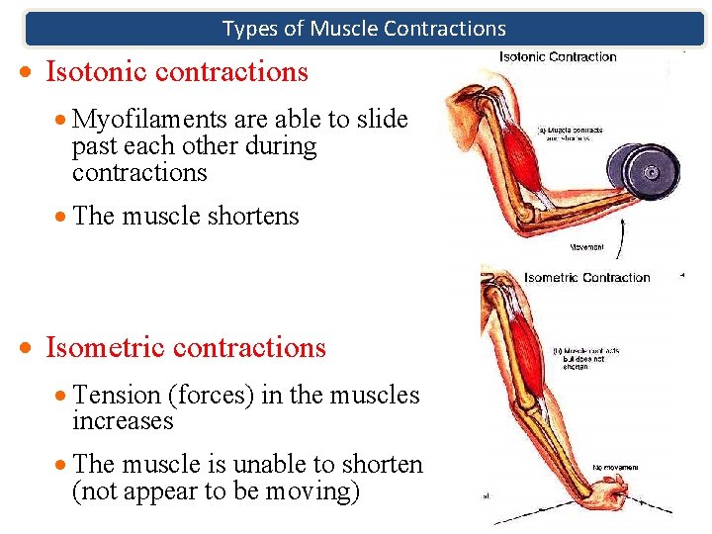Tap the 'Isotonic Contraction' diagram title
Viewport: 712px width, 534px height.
tap(558, 56)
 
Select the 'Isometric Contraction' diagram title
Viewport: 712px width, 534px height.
tap(587, 278)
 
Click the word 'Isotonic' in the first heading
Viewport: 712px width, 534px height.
tap(97, 72)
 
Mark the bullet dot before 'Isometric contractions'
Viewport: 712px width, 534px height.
tap(32, 349)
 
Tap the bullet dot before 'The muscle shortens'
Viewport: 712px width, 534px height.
tap(61, 217)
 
